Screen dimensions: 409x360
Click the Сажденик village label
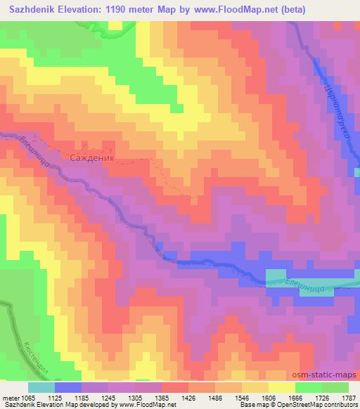click(x=93, y=159)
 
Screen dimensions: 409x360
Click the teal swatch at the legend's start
click(x=41, y=387)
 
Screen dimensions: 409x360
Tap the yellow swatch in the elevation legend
click(x=281, y=387)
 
